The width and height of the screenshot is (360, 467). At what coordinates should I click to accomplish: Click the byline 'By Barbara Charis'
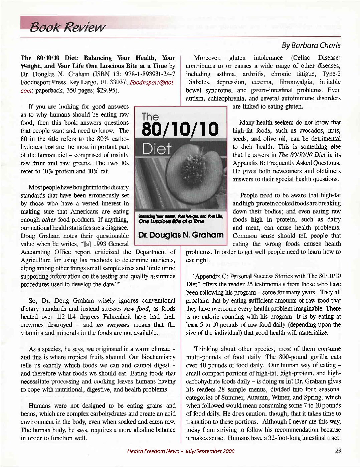[311, 45]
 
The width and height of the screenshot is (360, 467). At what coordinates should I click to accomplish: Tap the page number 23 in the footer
[338, 451]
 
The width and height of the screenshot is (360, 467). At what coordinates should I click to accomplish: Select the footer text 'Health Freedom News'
[153, 451]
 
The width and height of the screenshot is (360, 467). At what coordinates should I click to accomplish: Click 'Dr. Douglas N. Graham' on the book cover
[181, 235]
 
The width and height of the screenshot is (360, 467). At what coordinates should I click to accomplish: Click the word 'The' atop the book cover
[150, 117]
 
